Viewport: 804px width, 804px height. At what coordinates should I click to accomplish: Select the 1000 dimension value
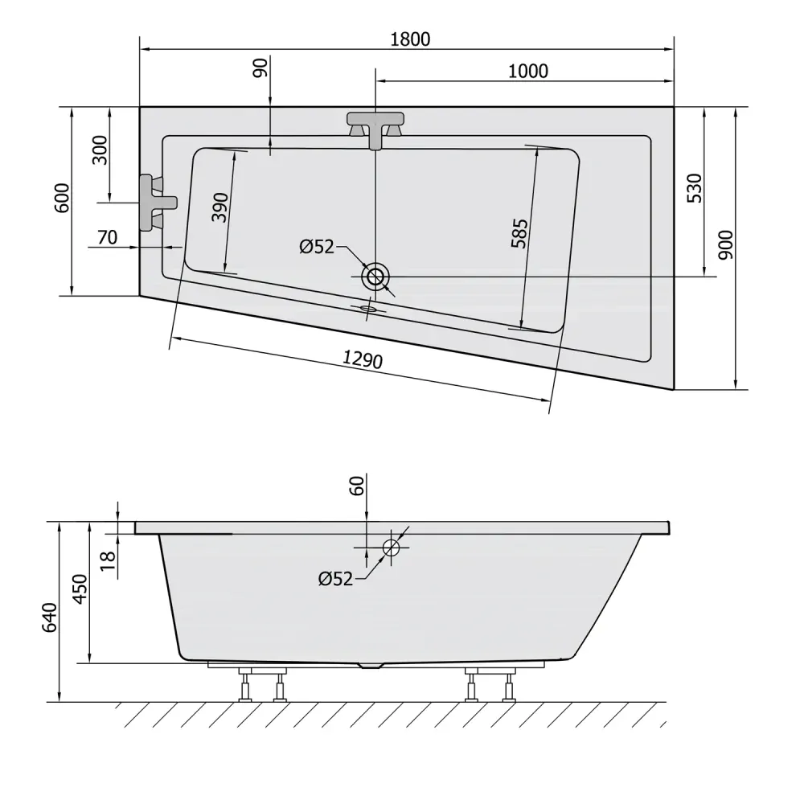[528, 71]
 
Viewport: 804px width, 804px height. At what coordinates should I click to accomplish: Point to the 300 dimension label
[100, 150]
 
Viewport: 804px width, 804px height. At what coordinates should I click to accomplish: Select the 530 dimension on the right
[695, 188]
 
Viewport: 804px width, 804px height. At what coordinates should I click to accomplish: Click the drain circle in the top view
[375, 277]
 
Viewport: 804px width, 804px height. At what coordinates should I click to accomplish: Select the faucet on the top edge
[375, 128]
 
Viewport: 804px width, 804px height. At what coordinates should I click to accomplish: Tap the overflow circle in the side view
[391, 548]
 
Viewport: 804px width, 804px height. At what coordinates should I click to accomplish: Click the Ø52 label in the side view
[335, 579]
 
